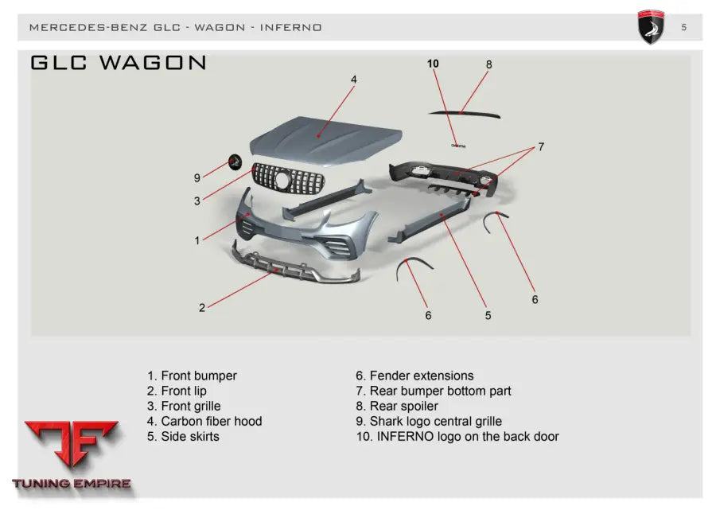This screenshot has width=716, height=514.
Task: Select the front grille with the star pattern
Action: click(x=289, y=179)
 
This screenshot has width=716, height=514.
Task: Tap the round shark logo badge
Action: click(x=235, y=161)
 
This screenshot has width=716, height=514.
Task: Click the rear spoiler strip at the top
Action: click(x=465, y=113)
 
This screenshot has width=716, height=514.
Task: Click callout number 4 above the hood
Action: click(x=354, y=80)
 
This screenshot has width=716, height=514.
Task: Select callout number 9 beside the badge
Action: click(x=197, y=178)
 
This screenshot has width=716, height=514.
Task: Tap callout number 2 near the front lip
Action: click(x=202, y=308)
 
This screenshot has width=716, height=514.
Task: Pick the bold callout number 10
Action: click(x=433, y=64)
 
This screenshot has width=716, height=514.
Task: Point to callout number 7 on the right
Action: click(x=541, y=147)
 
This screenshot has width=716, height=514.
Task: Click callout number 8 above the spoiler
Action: click(x=489, y=64)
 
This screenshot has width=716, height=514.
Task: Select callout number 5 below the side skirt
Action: click(x=488, y=316)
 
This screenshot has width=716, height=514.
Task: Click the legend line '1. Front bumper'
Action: click(x=192, y=376)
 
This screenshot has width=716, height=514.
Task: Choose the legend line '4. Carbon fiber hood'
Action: click(x=204, y=421)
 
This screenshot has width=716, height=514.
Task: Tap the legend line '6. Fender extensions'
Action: click(x=414, y=376)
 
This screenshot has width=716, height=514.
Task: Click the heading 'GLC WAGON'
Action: click(x=119, y=63)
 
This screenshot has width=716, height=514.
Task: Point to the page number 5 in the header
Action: click(x=684, y=28)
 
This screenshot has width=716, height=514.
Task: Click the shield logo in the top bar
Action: click(x=651, y=27)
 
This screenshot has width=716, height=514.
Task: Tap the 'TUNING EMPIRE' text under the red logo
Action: click(x=72, y=484)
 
